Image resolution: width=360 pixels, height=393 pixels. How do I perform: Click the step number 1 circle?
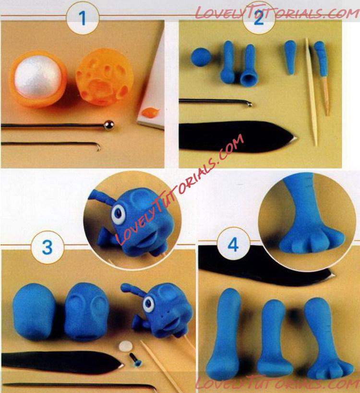[83, 18]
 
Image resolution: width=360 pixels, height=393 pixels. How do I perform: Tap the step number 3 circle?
[48, 247]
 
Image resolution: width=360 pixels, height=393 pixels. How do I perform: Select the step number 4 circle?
[233, 245]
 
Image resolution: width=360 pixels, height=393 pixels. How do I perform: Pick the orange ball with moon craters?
[103, 77]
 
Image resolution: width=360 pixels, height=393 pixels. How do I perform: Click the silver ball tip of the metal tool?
[109, 125]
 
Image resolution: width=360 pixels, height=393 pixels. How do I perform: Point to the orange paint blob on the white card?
[150, 112]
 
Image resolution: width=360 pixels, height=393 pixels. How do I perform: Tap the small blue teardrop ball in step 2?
[201, 57]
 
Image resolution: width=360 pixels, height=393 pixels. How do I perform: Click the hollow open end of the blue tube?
[249, 78]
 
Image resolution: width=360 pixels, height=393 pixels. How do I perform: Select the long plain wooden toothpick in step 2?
[311, 92]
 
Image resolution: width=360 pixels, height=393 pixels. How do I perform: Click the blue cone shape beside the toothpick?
[290, 57]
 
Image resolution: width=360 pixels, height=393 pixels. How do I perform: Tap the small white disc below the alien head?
[126, 346]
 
